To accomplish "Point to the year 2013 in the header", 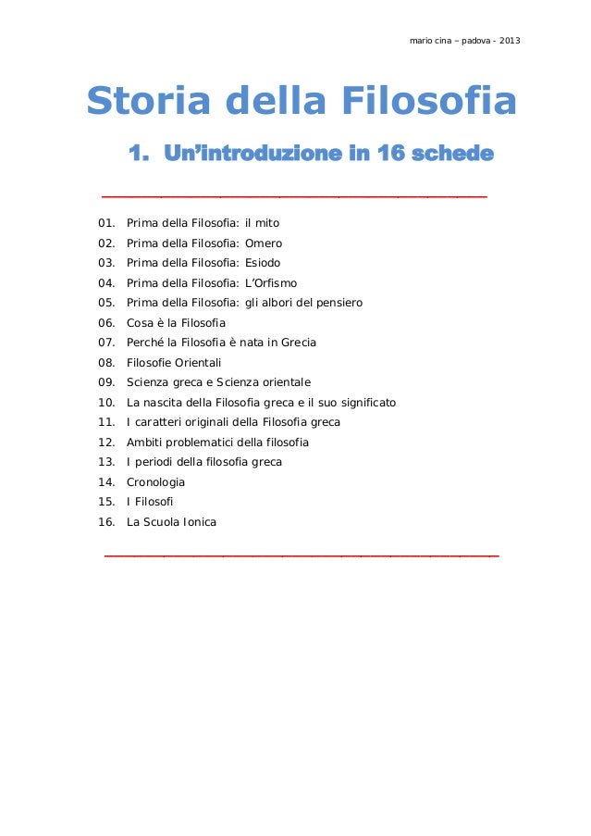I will tap(510, 41).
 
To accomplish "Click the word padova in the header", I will tap(472, 41).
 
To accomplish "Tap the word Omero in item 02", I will tap(264, 243).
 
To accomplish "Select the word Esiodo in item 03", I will tap(263, 263).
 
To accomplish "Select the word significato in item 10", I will tap(363, 403).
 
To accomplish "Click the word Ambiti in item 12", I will tap(146, 443).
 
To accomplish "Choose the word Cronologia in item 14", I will tap(155, 482).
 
